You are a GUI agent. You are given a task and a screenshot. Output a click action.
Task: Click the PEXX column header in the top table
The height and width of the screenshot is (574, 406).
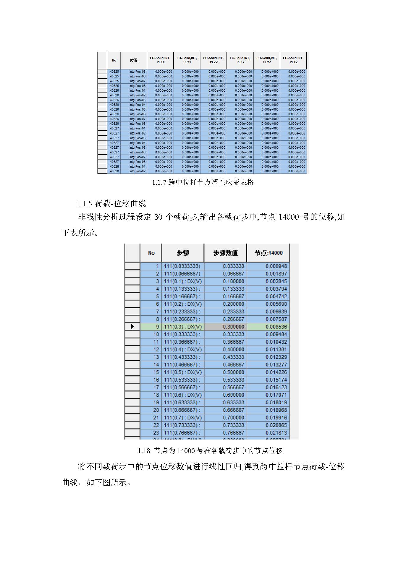pyautogui.click(x=160, y=60)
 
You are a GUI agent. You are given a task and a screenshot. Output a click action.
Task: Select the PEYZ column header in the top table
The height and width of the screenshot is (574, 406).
pyautogui.click(x=267, y=60)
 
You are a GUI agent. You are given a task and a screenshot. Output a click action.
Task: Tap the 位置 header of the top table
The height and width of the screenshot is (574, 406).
pyautogui.click(x=134, y=60)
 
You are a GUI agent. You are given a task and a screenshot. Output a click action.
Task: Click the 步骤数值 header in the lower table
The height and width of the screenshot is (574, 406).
pyautogui.click(x=225, y=253)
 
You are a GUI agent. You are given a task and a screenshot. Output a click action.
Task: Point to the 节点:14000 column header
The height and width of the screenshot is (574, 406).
pyautogui.click(x=268, y=253)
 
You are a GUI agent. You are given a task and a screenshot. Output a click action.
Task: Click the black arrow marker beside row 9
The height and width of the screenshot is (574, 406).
pyautogui.click(x=132, y=327)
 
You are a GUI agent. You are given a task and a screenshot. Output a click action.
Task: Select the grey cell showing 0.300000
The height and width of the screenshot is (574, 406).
pyautogui.click(x=226, y=327)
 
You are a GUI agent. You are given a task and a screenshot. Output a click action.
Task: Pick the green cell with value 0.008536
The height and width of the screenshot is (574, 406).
pyautogui.click(x=268, y=327)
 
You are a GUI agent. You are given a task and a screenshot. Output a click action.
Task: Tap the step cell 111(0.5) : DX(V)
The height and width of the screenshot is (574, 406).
pyautogui.click(x=183, y=372)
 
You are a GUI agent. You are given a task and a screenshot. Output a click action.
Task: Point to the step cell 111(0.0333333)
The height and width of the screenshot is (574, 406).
pyautogui.click(x=182, y=266)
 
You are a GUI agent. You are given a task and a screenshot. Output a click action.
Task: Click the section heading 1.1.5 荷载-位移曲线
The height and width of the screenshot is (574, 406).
pyautogui.click(x=111, y=203)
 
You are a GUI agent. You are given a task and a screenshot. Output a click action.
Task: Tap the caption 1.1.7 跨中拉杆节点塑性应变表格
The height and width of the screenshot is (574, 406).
pyautogui.click(x=203, y=182)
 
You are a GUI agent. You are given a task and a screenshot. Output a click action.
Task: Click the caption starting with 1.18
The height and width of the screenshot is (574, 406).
pyautogui.click(x=210, y=450)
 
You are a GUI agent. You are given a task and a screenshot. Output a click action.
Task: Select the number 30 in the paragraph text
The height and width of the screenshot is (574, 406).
pyautogui.click(x=158, y=217)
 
